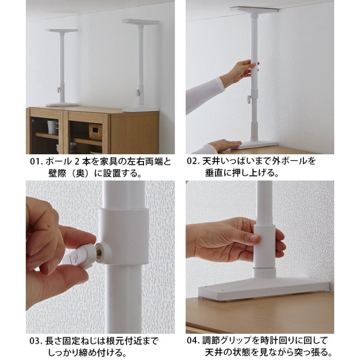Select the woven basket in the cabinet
tap(95, 131)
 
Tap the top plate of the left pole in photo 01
tap(62, 31)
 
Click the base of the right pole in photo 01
tap(140, 109)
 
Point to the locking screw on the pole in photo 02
tap(248, 100)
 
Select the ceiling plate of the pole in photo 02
tap(253, 10)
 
